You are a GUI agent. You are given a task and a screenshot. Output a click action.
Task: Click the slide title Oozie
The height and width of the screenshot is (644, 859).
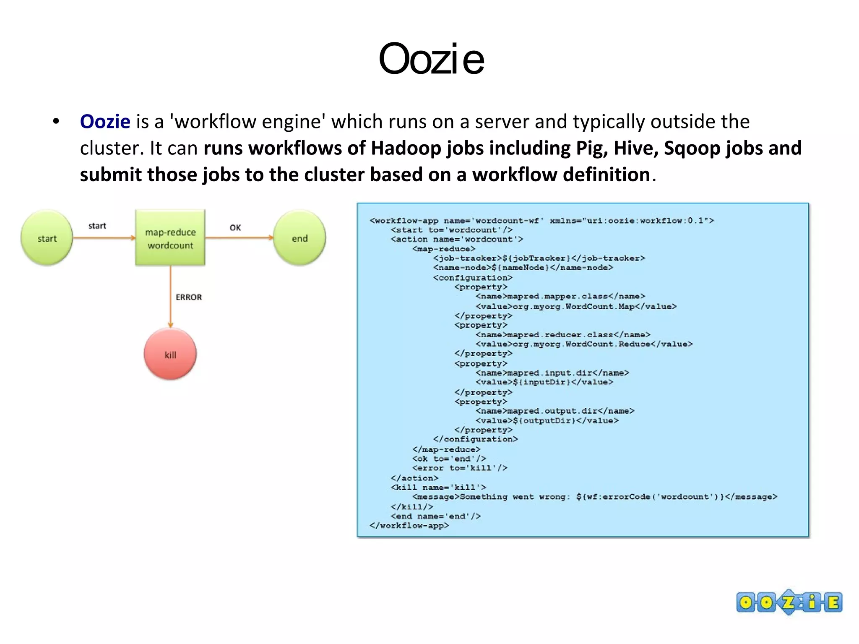pyautogui.click(x=431, y=59)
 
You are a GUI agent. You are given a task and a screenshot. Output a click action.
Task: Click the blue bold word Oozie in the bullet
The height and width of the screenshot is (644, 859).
pyautogui.click(x=105, y=122)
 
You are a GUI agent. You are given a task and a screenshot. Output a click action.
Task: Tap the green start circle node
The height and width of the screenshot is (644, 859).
pyautogui.click(x=47, y=238)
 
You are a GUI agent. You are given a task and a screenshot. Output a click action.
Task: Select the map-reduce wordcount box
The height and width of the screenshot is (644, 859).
pyautogui.click(x=170, y=238)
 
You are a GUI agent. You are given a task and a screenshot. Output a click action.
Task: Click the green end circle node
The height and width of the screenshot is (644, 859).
pyautogui.click(x=299, y=238)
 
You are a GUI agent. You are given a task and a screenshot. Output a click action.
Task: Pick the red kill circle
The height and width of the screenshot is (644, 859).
pyautogui.click(x=170, y=355)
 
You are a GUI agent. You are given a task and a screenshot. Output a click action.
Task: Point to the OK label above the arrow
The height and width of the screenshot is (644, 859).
pyautogui.click(x=235, y=227)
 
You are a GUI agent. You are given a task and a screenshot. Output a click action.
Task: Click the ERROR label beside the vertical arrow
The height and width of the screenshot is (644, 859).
pyautogui.click(x=188, y=297)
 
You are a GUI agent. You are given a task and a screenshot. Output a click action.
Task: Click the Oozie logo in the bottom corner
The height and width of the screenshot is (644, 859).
pyautogui.click(x=789, y=602)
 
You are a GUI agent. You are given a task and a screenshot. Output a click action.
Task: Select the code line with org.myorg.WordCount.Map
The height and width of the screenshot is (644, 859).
pyautogui.click(x=576, y=306)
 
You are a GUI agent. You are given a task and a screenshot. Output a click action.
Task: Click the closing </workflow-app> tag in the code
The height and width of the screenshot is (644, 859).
pyautogui.click(x=409, y=525)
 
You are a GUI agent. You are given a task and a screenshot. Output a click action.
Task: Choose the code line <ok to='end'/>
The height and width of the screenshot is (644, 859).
pyautogui.click(x=448, y=459)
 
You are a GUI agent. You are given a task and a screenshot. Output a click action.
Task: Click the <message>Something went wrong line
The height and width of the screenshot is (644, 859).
pyautogui.click(x=594, y=497)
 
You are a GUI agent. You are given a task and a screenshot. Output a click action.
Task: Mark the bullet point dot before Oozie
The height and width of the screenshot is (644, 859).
pyautogui.click(x=56, y=122)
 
